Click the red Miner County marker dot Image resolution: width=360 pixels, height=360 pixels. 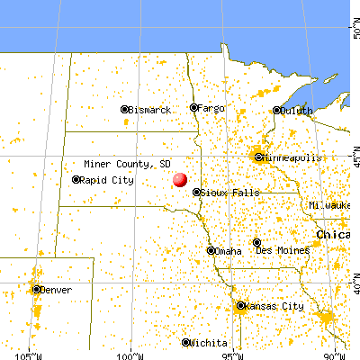coord(180,179)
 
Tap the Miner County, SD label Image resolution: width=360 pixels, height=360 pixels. coord(126,164)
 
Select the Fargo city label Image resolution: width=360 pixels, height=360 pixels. coord(211,108)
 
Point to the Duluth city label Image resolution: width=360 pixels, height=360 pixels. coord(296,111)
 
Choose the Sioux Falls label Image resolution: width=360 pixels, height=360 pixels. coord(231,193)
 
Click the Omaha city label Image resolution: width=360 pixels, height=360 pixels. coord(229,251)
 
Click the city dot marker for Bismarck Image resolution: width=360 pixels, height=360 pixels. coord(124,110)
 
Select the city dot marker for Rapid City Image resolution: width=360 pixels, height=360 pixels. coord(76,180)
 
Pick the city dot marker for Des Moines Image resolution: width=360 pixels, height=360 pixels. coord(256,242)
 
